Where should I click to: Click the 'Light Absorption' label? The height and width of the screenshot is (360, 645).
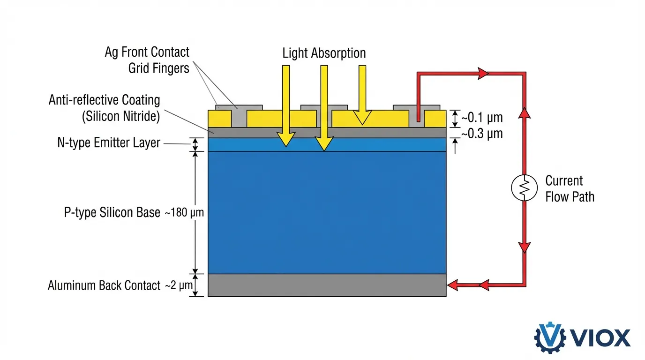coord(324,53)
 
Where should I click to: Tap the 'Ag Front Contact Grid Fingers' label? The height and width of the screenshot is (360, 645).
coord(147,60)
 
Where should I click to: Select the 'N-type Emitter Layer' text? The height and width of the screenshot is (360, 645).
coord(109,143)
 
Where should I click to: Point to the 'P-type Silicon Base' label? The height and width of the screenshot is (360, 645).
coord(112,212)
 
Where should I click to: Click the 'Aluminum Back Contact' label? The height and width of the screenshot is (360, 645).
coord(104,285)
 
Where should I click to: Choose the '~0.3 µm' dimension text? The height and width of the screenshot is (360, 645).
coord(482,134)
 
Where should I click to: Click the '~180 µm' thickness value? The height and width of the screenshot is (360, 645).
coord(184,213)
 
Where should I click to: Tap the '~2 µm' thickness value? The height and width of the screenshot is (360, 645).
coord(177,285)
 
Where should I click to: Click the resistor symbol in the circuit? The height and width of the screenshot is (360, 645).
coord(524,189)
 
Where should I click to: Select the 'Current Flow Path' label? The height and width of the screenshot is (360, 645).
coord(570,188)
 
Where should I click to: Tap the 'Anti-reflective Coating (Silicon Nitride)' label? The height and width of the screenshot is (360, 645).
coord(104,108)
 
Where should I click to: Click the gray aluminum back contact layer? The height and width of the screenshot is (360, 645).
coord(327,285)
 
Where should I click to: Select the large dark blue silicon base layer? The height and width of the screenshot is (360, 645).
coord(327,212)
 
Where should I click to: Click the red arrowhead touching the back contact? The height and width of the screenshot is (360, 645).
coord(453,285)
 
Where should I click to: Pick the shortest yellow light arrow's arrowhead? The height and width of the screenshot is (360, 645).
coord(361,118)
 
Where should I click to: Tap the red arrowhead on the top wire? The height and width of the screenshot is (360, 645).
coord(483,73)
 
